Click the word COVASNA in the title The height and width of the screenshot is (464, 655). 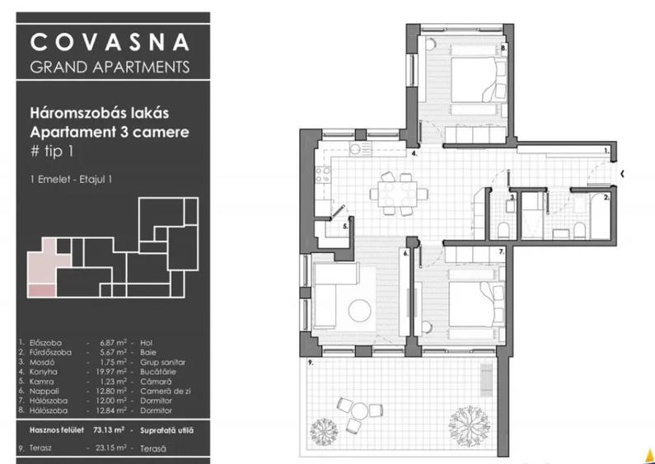coord(110,41)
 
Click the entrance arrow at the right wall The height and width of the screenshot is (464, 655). coord(622,174)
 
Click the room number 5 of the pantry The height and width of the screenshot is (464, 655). coord(345,224)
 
